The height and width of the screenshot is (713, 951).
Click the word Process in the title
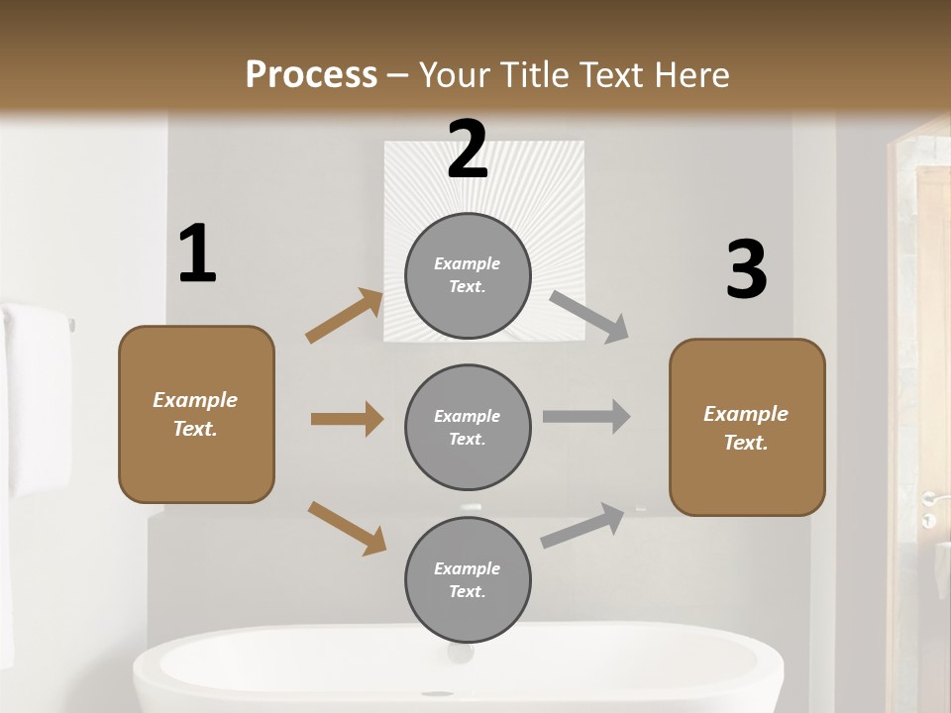(311, 75)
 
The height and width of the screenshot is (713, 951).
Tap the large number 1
(197, 254)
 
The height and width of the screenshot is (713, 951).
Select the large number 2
(468, 150)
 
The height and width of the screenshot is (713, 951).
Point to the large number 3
(746, 270)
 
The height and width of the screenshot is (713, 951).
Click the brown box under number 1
(196, 414)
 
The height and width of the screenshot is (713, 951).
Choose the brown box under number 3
(747, 427)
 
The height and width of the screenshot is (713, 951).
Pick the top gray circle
(468, 275)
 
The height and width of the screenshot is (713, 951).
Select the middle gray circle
(468, 427)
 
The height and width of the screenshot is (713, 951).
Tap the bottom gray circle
(468, 579)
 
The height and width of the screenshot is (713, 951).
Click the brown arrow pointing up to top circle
(345, 316)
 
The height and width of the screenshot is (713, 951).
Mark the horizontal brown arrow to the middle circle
(347, 419)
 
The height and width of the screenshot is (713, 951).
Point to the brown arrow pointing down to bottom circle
(347, 528)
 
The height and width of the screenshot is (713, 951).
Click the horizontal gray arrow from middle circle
(586, 416)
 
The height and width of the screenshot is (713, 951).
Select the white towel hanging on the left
(35, 396)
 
